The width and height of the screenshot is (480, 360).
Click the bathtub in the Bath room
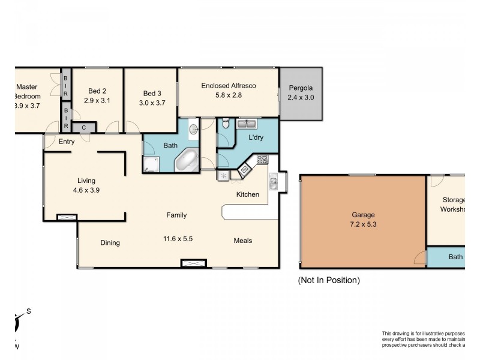[x=187, y=161]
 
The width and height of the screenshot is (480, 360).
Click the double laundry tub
[x=247, y=124]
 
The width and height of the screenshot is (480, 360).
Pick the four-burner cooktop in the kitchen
[x=262, y=160]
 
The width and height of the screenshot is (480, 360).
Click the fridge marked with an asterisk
[x=223, y=175]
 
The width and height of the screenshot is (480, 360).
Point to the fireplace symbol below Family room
[x=194, y=263]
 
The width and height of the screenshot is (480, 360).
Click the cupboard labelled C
[x=83, y=127]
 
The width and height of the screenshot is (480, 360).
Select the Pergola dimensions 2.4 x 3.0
[x=301, y=97]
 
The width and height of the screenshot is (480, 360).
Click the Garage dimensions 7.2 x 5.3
[x=363, y=224]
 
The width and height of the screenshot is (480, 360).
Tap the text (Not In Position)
[x=329, y=280]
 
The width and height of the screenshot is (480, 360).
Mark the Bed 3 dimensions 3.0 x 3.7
[x=152, y=103]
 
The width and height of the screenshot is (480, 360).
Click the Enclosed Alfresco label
[x=228, y=86]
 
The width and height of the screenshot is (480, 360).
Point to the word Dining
[x=110, y=243]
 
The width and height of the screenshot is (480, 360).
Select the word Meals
[x=243, y=241]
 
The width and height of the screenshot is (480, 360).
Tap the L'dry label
[x=257, y=138]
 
